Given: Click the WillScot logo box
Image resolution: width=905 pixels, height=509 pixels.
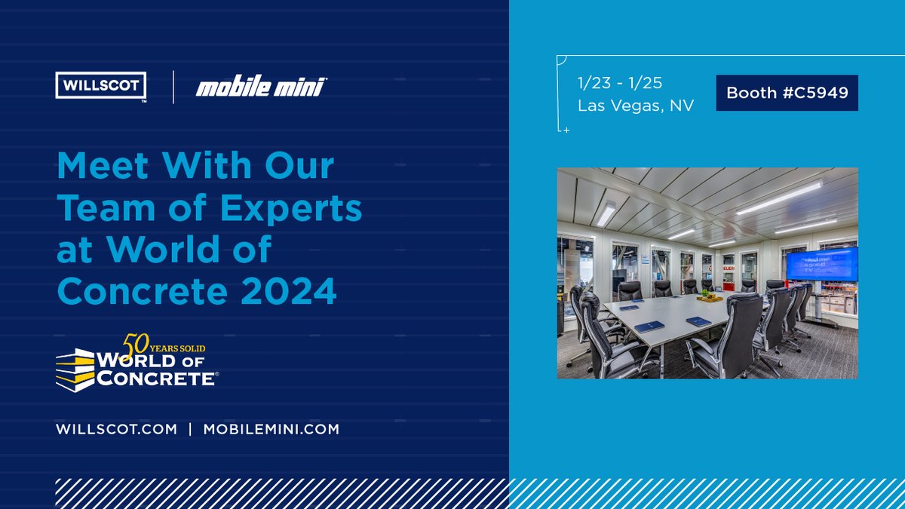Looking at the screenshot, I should pyautogui.click(x=101, y=85).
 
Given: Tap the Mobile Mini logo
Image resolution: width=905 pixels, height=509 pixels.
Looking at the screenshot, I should pyautogui.click(x=260, y=87).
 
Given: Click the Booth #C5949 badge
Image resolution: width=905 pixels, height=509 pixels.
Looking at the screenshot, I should pyautogui.click(x=787, y=93).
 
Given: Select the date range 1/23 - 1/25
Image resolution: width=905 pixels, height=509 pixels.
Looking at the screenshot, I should pyautogui.click(x=619, y=82).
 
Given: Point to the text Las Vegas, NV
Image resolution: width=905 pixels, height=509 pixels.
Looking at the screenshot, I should pyautogui.click(x=636, y=106).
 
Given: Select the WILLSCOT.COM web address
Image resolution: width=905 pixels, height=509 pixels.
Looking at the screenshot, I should pyautogui.click(x=116, y=428).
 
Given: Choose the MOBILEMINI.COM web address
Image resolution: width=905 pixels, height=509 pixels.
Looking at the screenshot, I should pyautogui.click(x=271, y=428).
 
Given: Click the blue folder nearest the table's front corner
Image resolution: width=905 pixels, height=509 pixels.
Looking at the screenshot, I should pyautogui.click(x=649, y=326).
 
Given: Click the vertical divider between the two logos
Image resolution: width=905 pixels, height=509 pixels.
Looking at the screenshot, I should pyautogui.click(x=173, y=87).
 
